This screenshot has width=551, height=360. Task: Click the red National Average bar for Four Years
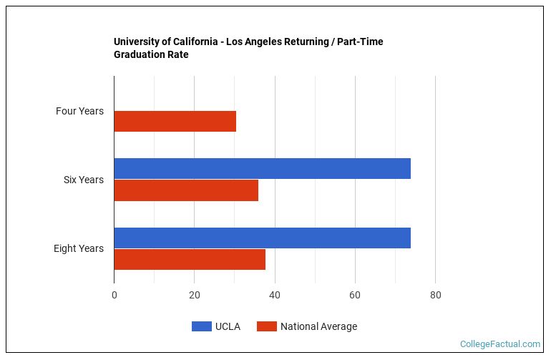(175, 122)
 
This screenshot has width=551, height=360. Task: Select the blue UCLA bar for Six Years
(262, 168)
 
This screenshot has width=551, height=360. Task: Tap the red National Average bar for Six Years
(186, 190)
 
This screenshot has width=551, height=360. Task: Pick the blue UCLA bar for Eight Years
(262, 238)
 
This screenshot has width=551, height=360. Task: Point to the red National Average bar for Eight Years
(190, 259)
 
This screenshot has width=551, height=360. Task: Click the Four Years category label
(79, 111)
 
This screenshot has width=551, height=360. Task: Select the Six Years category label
(83, 180)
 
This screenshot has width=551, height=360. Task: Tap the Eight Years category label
(78, 248)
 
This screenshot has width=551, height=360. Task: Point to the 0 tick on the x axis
(114, 294)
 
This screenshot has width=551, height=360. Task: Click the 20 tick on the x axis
(195, 294)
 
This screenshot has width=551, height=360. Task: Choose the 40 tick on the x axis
(275, 294)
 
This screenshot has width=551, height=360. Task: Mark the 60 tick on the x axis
(355, 294)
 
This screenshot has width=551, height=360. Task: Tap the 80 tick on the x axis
(435, 294)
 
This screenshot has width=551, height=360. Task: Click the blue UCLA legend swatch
(201, 326)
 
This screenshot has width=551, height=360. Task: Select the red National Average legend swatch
(266, 326)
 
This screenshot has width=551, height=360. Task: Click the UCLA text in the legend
(228, 326)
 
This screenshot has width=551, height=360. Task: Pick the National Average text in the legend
(318, 326)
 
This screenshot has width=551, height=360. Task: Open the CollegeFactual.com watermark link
(499, 344)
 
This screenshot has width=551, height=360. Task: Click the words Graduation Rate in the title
(151, 54)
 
